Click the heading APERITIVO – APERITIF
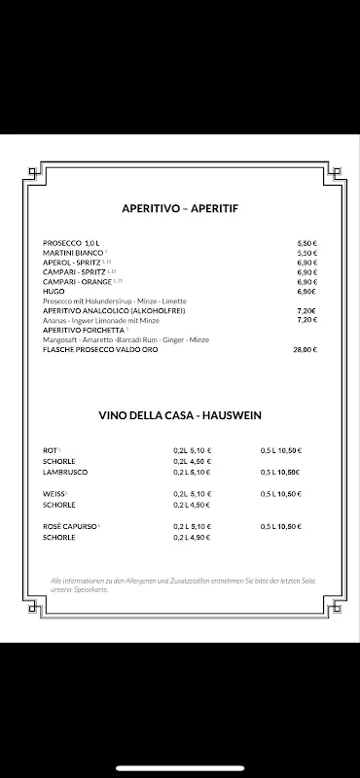point(179,209)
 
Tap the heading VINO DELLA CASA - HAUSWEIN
point(180,415)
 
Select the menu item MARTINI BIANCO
point(74,252)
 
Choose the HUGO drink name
point(54,291)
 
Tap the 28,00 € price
point(305,348)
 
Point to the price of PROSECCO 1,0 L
point(307,242)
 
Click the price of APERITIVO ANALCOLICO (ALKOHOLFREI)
point(306,310)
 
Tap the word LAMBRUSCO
point(65,472)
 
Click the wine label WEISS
point(54,494)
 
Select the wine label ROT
point(51,450)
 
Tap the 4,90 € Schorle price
point(192,538)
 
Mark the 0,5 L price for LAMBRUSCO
point(281,472)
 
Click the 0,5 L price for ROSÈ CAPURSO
point(281,526)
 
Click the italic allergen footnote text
point(179,585)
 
